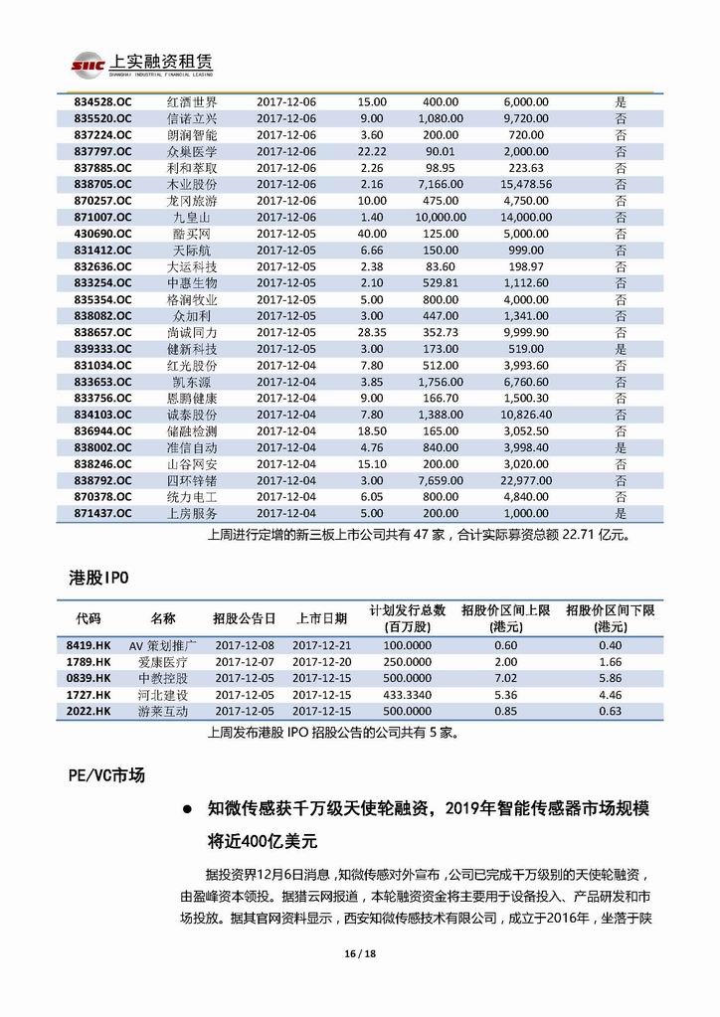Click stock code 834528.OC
point(103,101)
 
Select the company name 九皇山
point(192,217)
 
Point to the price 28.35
point(371,332)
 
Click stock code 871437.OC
point(103,513)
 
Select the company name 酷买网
point(192,234)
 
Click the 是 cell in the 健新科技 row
point(621,349)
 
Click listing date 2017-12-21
point(316,645)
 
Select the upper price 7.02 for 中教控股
point(505,678)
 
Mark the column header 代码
point(88,618)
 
